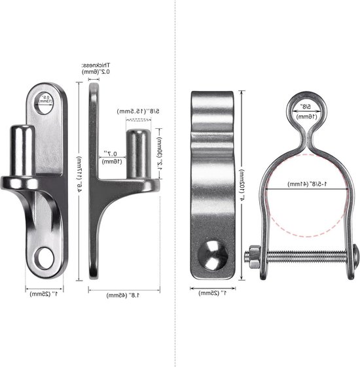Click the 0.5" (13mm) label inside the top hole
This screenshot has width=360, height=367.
[44, 99]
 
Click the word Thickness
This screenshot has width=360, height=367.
[96, 65]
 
